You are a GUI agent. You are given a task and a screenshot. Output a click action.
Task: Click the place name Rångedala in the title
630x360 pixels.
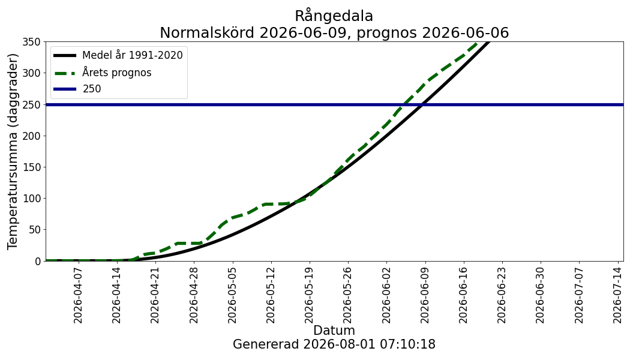pyautogui.click(x=334, y=16)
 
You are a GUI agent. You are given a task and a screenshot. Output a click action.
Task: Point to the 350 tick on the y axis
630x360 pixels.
pyautogui.click(x=33, y=42)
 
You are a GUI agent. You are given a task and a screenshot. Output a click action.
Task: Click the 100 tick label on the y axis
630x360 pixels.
pyautogui.click(x=33, y=199)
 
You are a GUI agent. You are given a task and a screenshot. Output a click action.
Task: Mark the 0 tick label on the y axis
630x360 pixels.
pyautogui.click(x=38, y=261)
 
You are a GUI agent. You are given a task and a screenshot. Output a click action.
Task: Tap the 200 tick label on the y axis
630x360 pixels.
pyautogui.click(x=33, y=136)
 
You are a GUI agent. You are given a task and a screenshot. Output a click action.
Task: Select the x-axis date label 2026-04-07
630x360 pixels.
pyautogui.click(x=78, y=295)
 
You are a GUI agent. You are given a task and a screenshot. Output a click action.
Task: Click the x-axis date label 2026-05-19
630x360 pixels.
pyautogui.click(x=310, y=295)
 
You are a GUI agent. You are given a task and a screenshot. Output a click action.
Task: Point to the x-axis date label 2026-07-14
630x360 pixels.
pyautogui.click(x=617, y=295)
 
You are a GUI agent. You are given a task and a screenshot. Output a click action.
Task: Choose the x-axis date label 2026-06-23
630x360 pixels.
pyautogui.click(x=502, y=295)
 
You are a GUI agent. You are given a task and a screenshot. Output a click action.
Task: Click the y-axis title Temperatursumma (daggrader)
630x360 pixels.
pyautogui.click(x=13, y=151)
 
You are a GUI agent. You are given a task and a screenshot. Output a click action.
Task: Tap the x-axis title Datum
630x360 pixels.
pyautogui.click(x=334, y=330)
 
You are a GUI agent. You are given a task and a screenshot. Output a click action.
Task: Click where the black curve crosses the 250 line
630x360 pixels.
pyautogui.click(x=422, y=105)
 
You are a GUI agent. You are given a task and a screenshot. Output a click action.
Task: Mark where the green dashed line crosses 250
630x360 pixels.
pyautogui.click(x=403, y=105)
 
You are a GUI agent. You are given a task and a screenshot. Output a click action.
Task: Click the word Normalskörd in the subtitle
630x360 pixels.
pyautogui.click(x=208, y=32)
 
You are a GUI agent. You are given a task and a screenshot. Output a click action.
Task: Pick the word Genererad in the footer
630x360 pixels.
pyautogui.click(x=266, y=344)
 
